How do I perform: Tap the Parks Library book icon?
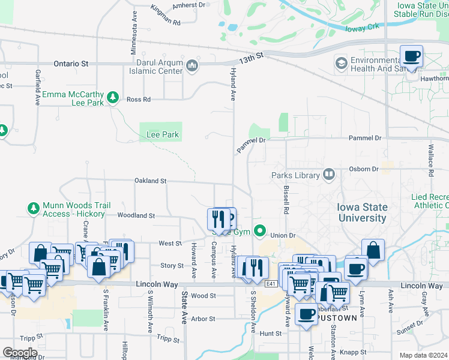pyautogui.click(x=328, y=175)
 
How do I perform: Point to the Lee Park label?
pyautogui.click(x=163, y=135)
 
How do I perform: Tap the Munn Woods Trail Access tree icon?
pyautogui.click(x=33, y=209)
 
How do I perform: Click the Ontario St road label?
pyautogui.click(x=71, y=63)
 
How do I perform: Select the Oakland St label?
pyautogui.click(x=150, y=181)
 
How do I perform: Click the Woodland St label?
pyautogui.click(x=136, y=215)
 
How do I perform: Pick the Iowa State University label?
pyautogui.click(x=363, y=212)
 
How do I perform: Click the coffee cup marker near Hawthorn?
pyautogui.click(x=412, y=58)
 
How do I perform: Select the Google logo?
pyautogui.click(x=20, y=352)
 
